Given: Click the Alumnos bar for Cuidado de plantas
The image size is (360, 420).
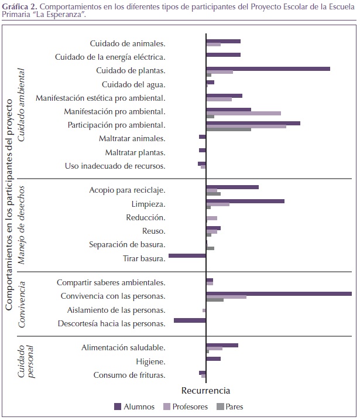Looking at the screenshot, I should pyautogui.click(x=268, y=69).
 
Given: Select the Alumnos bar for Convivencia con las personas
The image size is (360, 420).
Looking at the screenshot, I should pyautogui.click(x=279, y=293).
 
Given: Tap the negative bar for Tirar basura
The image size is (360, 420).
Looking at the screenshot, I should pyautogui.click(x=187, y=256).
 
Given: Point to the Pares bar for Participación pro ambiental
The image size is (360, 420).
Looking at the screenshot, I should pyautogui.click(x=229, y=129).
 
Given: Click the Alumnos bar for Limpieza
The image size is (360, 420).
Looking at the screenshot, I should pyautogui.click(x=245, y=201).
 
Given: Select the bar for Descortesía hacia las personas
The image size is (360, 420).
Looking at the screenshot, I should pyautogui.click(x=190, y=320).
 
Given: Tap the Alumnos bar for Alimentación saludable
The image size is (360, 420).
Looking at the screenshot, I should pyautogui.click(x=222, y=345).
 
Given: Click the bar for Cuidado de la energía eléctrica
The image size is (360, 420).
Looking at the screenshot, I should pyautogui.click(x=224, y=55).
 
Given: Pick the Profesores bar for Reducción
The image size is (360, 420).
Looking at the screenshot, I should pyautogui.click(x=212, y=218).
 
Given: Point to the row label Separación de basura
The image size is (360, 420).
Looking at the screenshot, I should pyautogui.click(x=127, y=244).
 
